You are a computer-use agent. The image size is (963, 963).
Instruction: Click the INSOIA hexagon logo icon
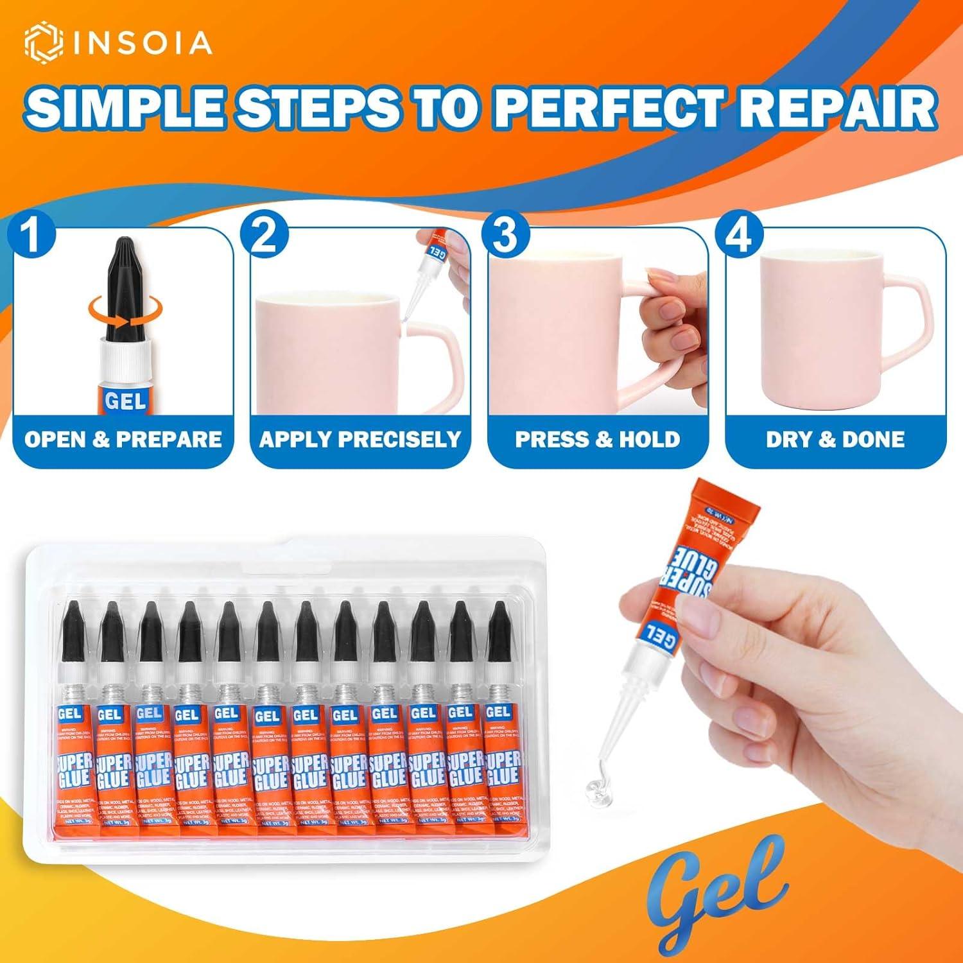click(44, 42)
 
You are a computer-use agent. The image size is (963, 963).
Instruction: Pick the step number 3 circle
click(504, 236)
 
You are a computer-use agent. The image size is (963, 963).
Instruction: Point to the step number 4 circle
click(740, 236)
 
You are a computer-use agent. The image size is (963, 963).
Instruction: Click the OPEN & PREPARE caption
click(123, 440)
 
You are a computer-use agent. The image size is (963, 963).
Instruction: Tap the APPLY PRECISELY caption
click(360, 440)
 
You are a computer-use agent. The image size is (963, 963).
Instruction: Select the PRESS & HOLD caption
click(598, 440)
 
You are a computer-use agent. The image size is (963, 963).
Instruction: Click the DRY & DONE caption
click(835, 440)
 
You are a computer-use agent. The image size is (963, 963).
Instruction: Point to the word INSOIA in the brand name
click(142, 43)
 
